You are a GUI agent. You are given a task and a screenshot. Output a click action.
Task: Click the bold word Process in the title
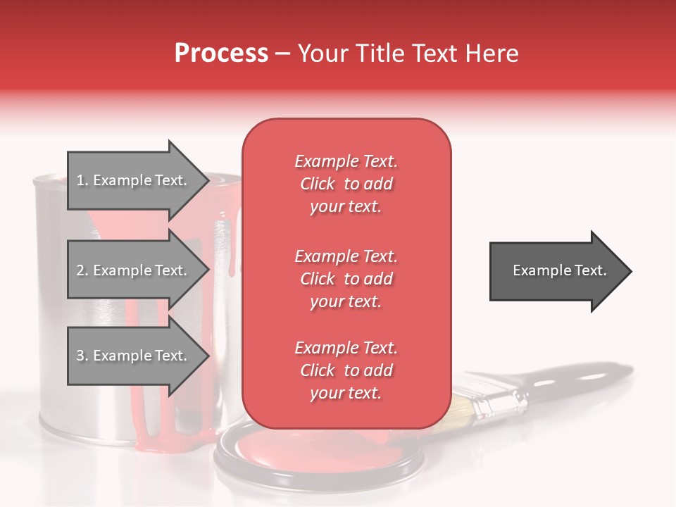(x=221, y=54)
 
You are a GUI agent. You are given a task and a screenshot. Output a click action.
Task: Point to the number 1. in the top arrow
(x=82, y=180)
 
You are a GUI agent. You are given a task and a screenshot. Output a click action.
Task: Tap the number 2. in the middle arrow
(x=82, y=270)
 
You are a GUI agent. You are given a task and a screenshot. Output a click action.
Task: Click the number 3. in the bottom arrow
(x=82, y=356)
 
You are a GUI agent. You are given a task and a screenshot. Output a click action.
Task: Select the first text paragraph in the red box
(x=346, y=184)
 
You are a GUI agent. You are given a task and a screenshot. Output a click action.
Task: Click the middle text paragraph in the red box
(x=346, y=279)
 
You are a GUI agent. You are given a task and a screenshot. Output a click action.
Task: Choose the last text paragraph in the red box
(x=346, y=370)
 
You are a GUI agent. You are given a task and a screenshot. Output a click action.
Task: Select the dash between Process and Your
(x=282, y=54)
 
